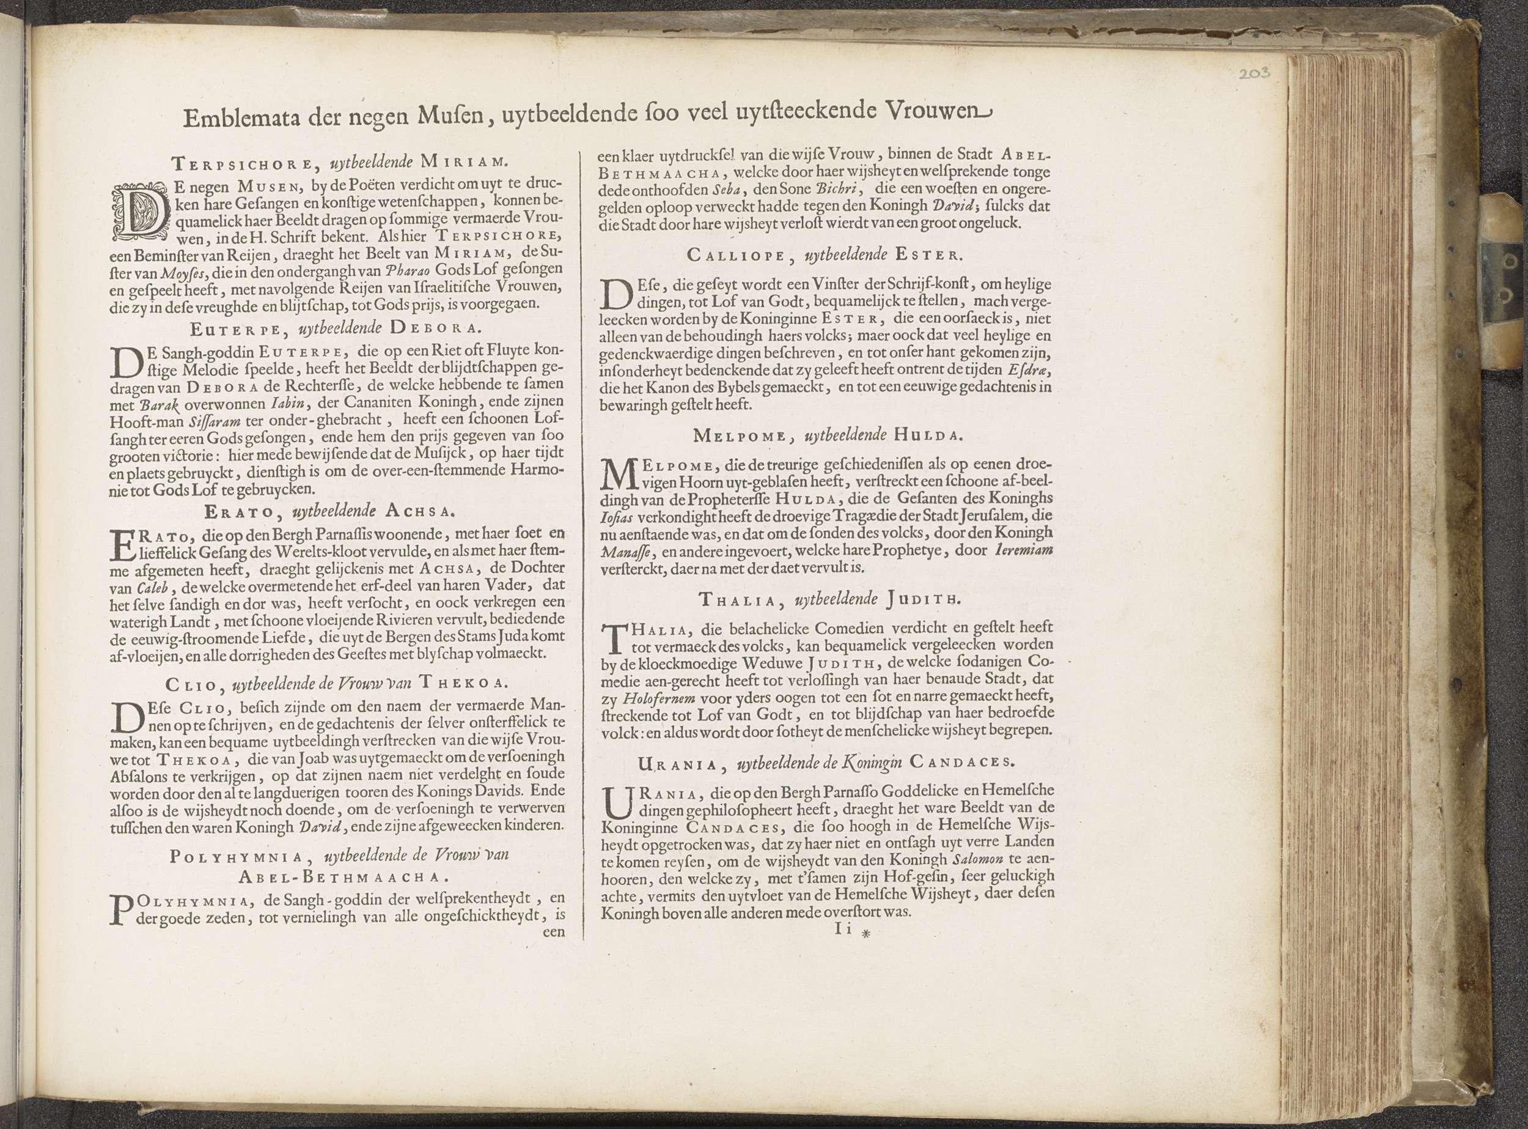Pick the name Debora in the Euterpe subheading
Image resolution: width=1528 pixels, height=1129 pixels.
tap(436, 328)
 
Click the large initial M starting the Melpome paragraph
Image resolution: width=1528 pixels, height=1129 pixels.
tap(617, 474)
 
